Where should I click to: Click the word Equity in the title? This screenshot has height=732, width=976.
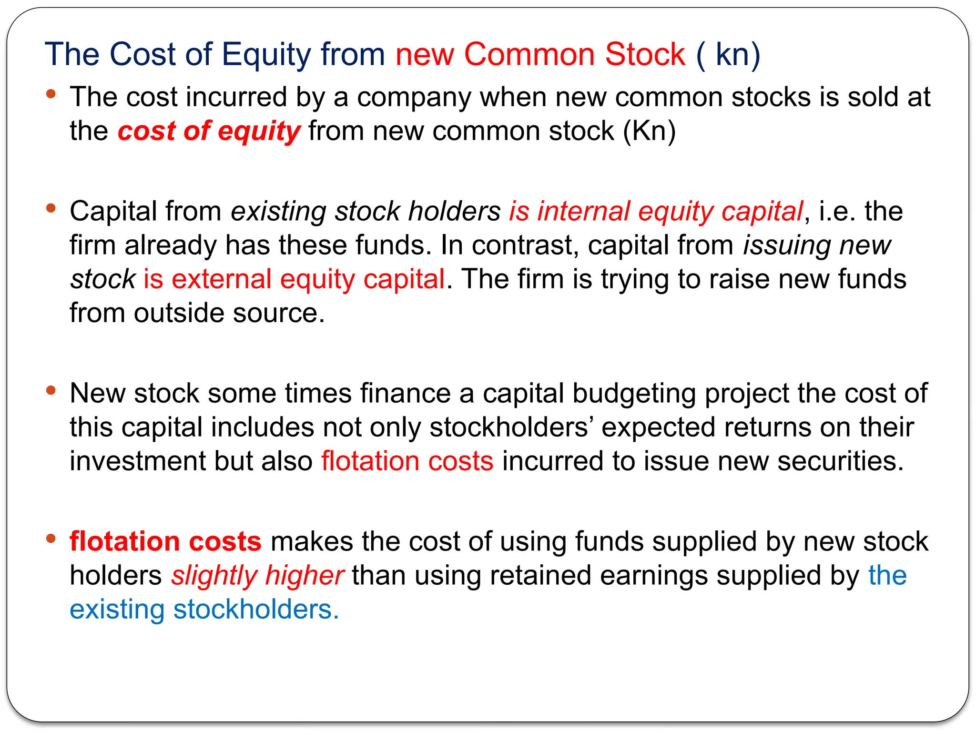(266, 55)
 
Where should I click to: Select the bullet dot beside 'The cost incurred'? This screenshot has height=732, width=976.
(51, 93)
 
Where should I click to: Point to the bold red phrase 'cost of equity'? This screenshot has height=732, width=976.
(209, 131)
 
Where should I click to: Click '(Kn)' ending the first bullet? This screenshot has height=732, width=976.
(650, 131)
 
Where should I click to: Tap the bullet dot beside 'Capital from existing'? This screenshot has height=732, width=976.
(51, 208)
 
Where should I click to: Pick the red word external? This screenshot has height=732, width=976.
(222, 279)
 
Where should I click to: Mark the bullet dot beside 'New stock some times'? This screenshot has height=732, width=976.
(51, 390)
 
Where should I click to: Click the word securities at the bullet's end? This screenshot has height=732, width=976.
(840, 461)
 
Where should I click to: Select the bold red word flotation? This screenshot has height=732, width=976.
(124, 542)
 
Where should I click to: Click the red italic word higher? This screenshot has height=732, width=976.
(305, 576)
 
